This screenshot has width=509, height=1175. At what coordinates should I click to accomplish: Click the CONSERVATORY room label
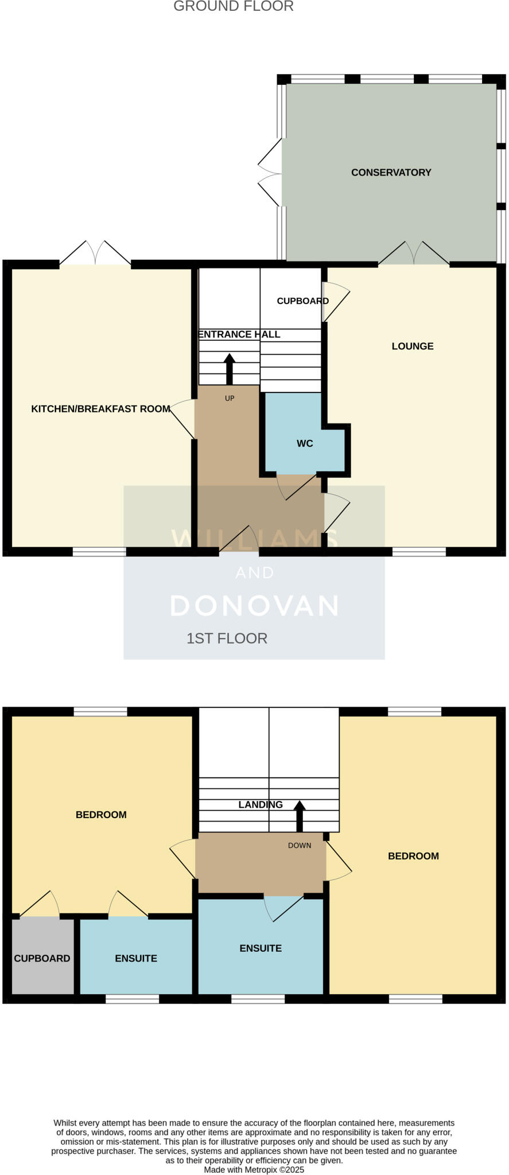click(x=391, y=172)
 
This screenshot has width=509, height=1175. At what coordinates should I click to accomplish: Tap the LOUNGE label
click(x=412, y=346)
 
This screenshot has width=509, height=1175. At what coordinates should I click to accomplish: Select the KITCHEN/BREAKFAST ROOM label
click(x=100, y=409)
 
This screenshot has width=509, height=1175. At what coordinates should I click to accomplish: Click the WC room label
click(x=305, y=443)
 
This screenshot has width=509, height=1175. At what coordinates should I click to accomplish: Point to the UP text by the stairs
click(x=230, y=398)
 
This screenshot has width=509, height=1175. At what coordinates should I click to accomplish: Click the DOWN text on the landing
click(x=300, y=845)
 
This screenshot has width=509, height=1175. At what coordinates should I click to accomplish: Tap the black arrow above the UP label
click(x=230, y=367)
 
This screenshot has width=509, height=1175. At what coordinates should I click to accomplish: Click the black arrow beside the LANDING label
click(x=300, y=814)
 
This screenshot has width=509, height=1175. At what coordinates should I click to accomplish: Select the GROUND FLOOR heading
click(x=233, y=6)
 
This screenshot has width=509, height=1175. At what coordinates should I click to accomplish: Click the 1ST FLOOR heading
click(x=227, y=639)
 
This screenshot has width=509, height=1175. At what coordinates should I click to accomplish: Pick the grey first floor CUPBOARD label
click(x=42, y=958)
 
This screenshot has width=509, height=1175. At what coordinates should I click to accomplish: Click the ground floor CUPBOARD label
click(x=302, y=301)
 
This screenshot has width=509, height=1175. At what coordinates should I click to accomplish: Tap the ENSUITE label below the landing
click(x=261, y=948)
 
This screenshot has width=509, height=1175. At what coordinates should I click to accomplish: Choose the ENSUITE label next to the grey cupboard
click(x=136, y=958)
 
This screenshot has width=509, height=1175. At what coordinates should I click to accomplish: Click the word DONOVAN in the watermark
click(x=254, y=606)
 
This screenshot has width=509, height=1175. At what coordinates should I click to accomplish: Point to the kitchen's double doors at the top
click(x=95, y=253)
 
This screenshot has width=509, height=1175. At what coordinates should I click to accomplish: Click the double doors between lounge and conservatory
click(x=414, y=253)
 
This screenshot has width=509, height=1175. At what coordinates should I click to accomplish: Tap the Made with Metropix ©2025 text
click(x=254, y=1169)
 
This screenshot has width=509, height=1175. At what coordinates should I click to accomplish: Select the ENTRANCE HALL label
click(x=239, y=334)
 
